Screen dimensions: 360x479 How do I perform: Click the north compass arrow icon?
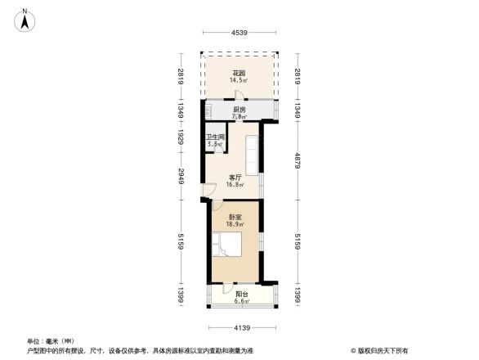[x=25, y=18]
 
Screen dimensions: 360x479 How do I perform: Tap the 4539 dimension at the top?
[x=239, y=33]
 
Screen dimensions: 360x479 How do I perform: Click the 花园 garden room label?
[x=239, y=73]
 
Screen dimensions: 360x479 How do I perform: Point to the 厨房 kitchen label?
[x=239, y=109]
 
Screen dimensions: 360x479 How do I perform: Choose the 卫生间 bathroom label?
[x=215, y=137]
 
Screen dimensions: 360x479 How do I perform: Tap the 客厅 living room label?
[x=235, y=178]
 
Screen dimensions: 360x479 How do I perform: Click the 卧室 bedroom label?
[x=235, y=217]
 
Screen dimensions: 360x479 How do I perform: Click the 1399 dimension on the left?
[x=181, y=295]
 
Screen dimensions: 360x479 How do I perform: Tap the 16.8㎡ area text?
[x=235, y=185]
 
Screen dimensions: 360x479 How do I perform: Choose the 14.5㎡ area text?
[x=239, y=80]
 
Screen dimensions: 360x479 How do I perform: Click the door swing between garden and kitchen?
[x=239, y=96]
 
